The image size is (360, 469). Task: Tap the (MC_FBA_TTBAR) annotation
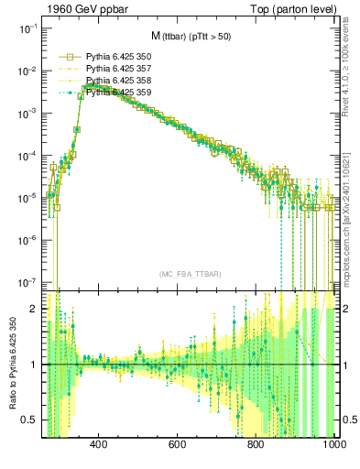189,274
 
